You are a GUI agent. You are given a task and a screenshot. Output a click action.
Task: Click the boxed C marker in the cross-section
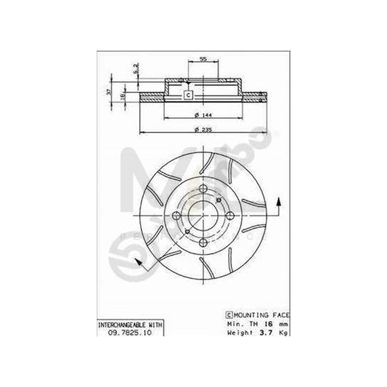[187, 95]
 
